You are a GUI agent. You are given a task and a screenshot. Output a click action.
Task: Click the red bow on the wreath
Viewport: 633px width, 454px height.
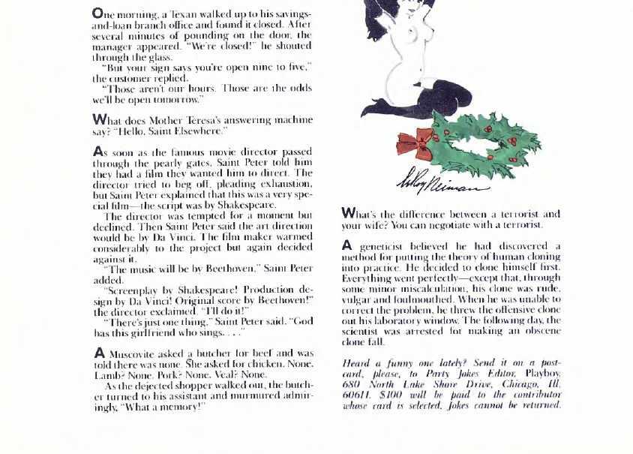tap(415, 142)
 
